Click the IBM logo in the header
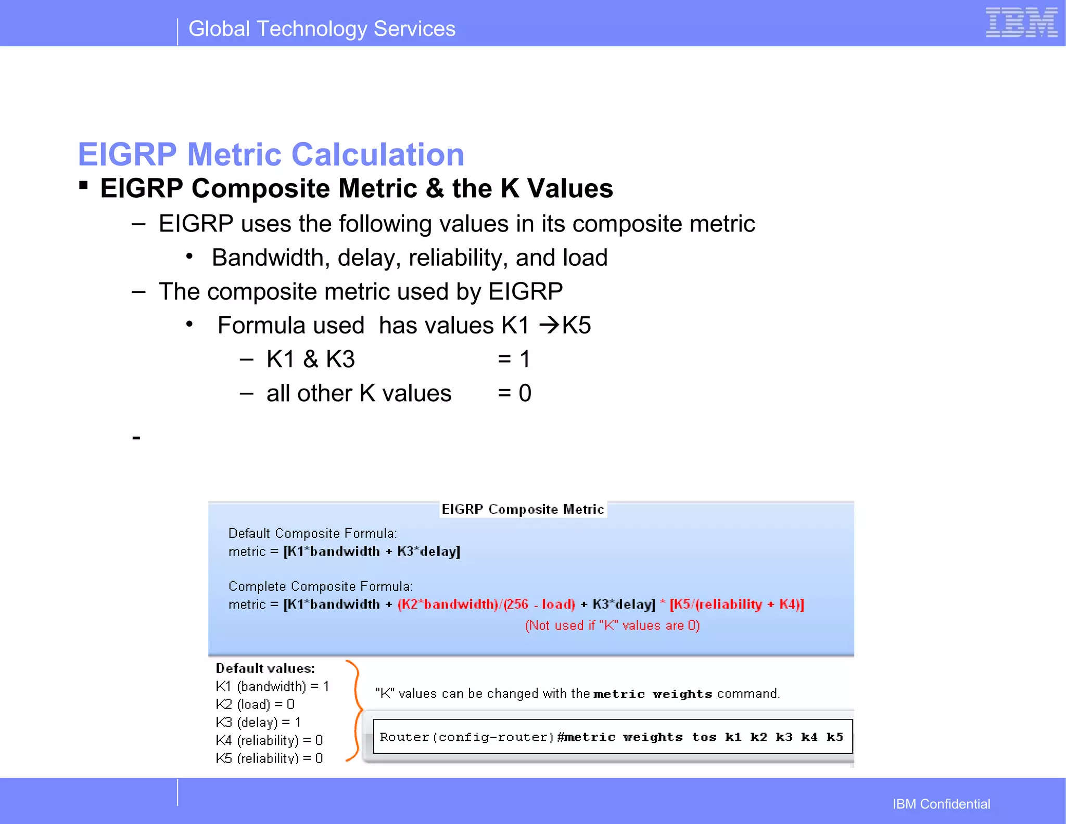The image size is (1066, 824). [x=1021, y=23]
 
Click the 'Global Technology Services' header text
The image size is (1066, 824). [x=322, y=29]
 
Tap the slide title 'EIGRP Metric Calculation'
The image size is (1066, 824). [x=271, y=154]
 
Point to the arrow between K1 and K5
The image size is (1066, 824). [x=549, y=326]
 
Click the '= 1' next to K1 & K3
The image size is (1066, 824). [x=514, y=359]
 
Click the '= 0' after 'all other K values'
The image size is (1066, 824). [x=514, y=393]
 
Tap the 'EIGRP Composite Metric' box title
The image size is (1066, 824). [x=523, y=509]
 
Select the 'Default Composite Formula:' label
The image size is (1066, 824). [x=312, y=533]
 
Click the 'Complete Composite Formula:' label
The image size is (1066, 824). [x=320, y=586]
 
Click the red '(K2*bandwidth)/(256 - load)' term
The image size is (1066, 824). [x=486, y=604]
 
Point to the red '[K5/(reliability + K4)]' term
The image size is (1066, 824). [x=737, y=604]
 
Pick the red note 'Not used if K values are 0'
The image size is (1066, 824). [x=612, y=625]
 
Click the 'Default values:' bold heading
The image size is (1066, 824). [x=265, y=668]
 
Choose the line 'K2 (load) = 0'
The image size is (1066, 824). [x=255, y=704]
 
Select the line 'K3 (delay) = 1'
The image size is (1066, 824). [x=258, y=723]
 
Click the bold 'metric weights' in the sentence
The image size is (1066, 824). [x=653, y=694]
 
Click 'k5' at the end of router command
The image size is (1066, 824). [x=834, y=737]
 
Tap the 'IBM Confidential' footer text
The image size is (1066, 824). [x=941, y=804]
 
